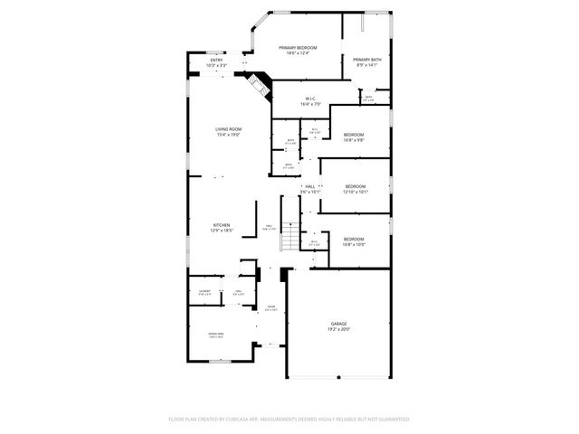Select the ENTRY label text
pyautogui.click(x=216, y=61)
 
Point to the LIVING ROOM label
pyautogui.click(x=227, y=129)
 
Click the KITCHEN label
pyautogui.click(x=222, y=225)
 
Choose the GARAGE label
pyautogui.click(x=338, y=324)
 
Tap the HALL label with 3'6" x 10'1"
pyautogui.click(x=309, y=186)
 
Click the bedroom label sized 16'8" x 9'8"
pyautogui.click(x=354, y=135)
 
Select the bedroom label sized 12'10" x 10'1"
pyautogui.click(x=355, y=186)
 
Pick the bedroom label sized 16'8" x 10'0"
pyautogui.click(x=354, y=239)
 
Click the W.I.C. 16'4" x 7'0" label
pyautogui.click(x=309, y=99)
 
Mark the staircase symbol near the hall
pyautogui.click(x=289, y=238)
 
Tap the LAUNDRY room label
pyautogui.click(x=204, y=290)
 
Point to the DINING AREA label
pyautogui.click(x=216, y=335)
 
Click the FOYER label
pyautogui.click(x=271, y=307)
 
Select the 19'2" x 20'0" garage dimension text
pyautogui.click(x=338, y=329)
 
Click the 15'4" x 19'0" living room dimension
pyautogui.click(x=227, y=135)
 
